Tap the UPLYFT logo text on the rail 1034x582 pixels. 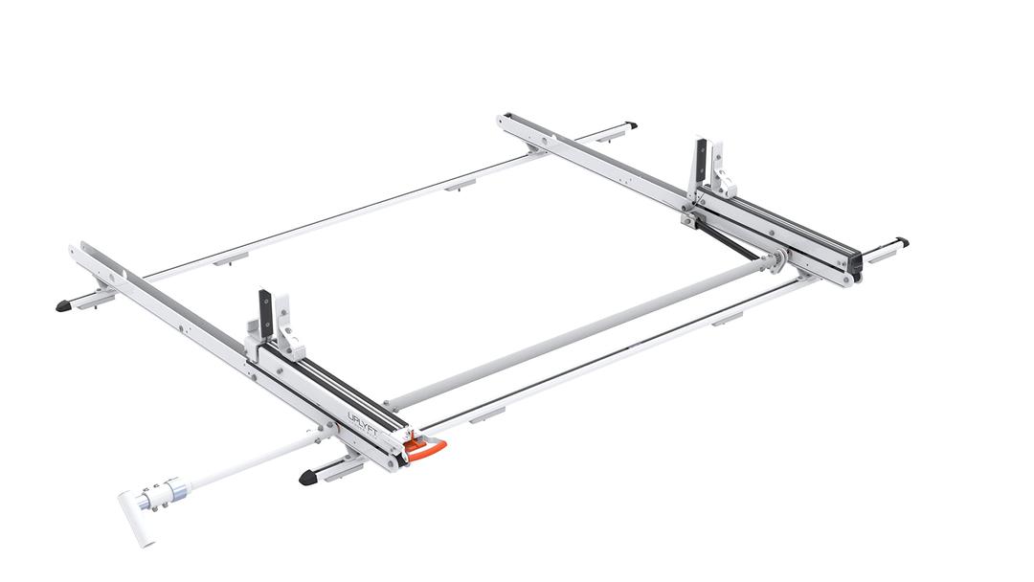click(x=362, y=421)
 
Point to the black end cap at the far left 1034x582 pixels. click(x=64, y=305)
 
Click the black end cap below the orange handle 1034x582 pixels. click(x=309, y=477)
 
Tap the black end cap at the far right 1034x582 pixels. click(x=902, y=243)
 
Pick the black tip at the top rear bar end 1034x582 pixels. click(x=631, y=124)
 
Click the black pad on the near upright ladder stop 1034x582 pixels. click(x=265, y=312)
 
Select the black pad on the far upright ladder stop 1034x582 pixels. click(x=701, y=161)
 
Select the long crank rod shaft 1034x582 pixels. click(x=249, y=460)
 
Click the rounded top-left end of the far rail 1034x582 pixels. click(x=505, y=121)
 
